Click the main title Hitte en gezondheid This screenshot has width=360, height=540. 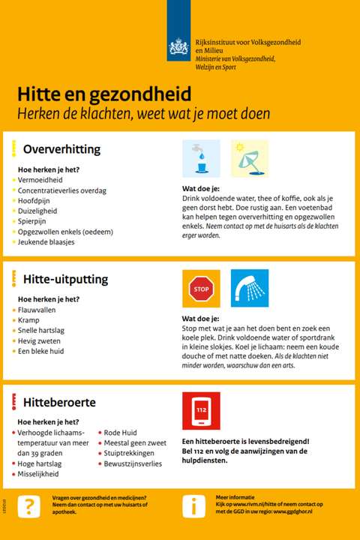pos(104,94)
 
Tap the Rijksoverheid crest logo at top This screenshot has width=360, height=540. pos(178,46)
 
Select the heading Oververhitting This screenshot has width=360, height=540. pos(61,149)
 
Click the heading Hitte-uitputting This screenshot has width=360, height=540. pos(65,279)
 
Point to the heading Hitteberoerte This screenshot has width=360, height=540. pos(59,403)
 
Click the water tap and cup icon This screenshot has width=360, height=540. pos(201,158)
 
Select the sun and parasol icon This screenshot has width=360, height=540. pos(249,158)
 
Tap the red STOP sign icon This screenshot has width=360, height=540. pos(201,289)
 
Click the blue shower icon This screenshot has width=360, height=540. pos(249,289)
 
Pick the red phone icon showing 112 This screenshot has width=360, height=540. pos(201,411)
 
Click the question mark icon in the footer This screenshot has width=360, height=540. pos(28,505)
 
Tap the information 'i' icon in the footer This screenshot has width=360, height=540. pos(193,505)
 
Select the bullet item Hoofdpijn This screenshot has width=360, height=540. pos(34,200)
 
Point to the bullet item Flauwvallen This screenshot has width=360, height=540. pos(37,309)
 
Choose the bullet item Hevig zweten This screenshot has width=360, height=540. pos(39,340)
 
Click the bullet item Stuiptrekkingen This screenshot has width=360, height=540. pos(129,453)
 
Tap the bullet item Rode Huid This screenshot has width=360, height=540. pos(120,432)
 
